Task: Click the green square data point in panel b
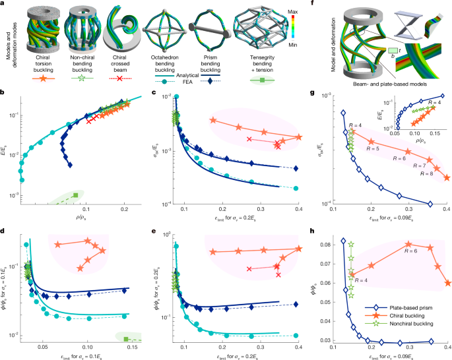pyautogui.click(x=76, y=195)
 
